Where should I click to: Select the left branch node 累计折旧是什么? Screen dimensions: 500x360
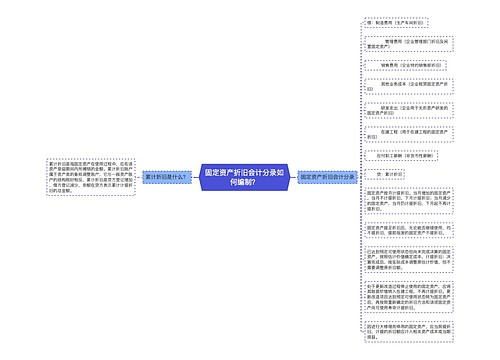[165, 176]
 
